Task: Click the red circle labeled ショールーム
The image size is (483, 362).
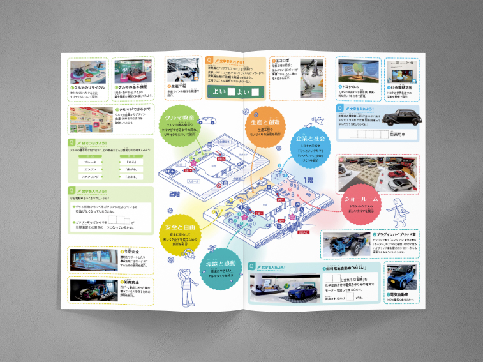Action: pos(362,202)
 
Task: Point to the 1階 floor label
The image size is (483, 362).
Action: pos(309,181)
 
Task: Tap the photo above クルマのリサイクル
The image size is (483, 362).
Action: pos(89,71)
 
